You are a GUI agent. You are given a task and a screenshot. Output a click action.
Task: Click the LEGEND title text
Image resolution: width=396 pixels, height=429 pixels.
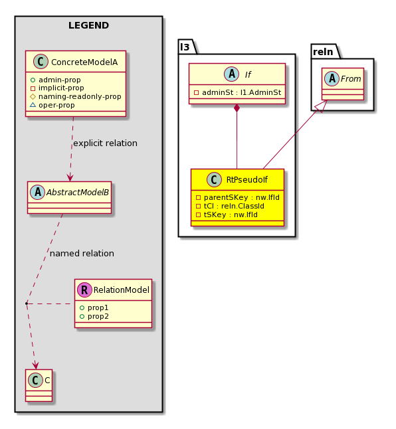(88, 25)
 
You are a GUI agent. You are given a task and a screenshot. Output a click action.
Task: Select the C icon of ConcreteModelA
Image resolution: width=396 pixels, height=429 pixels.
(41, 62)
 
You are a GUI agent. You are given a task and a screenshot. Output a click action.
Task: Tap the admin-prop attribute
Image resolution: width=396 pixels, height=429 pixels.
(60, 80)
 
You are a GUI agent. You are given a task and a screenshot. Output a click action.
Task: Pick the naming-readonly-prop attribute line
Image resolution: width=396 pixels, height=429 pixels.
(80, 96)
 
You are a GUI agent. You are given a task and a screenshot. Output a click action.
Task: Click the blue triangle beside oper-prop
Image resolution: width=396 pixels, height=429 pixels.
(33, 105)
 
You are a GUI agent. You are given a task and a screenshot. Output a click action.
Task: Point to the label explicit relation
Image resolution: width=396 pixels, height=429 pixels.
(106, 143)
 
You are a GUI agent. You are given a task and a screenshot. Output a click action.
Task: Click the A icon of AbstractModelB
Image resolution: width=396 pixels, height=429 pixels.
(38, 192)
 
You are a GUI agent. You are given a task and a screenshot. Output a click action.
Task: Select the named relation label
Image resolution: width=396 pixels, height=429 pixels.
(82, 254)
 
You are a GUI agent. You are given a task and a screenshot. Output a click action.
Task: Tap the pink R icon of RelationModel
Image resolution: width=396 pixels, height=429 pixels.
(84, 290)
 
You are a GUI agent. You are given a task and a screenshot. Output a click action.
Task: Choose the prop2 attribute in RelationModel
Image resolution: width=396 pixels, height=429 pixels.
(98, 316)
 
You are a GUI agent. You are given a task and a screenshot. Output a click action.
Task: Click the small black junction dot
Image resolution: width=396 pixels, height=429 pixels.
(27, 303)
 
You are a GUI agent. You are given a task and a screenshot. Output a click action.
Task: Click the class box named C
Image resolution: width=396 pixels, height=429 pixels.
(39, 385)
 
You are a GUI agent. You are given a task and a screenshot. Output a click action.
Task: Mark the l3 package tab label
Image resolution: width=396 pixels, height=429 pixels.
(185, 47)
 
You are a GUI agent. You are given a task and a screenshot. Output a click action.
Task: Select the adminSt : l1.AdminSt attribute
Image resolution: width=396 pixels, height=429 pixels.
(242, 92)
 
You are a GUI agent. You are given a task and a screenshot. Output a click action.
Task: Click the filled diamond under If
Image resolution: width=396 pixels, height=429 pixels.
(237, 108)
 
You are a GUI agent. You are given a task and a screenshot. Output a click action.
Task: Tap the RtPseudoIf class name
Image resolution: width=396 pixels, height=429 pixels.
(247, 179)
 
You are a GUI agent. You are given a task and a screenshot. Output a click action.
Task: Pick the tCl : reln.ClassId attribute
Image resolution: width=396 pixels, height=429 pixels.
(234, 206)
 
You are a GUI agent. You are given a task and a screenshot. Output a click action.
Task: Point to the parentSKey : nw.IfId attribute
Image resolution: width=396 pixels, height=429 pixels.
(242, 197)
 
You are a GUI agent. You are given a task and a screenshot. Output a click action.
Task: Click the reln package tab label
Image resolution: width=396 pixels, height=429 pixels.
(323, 52)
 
